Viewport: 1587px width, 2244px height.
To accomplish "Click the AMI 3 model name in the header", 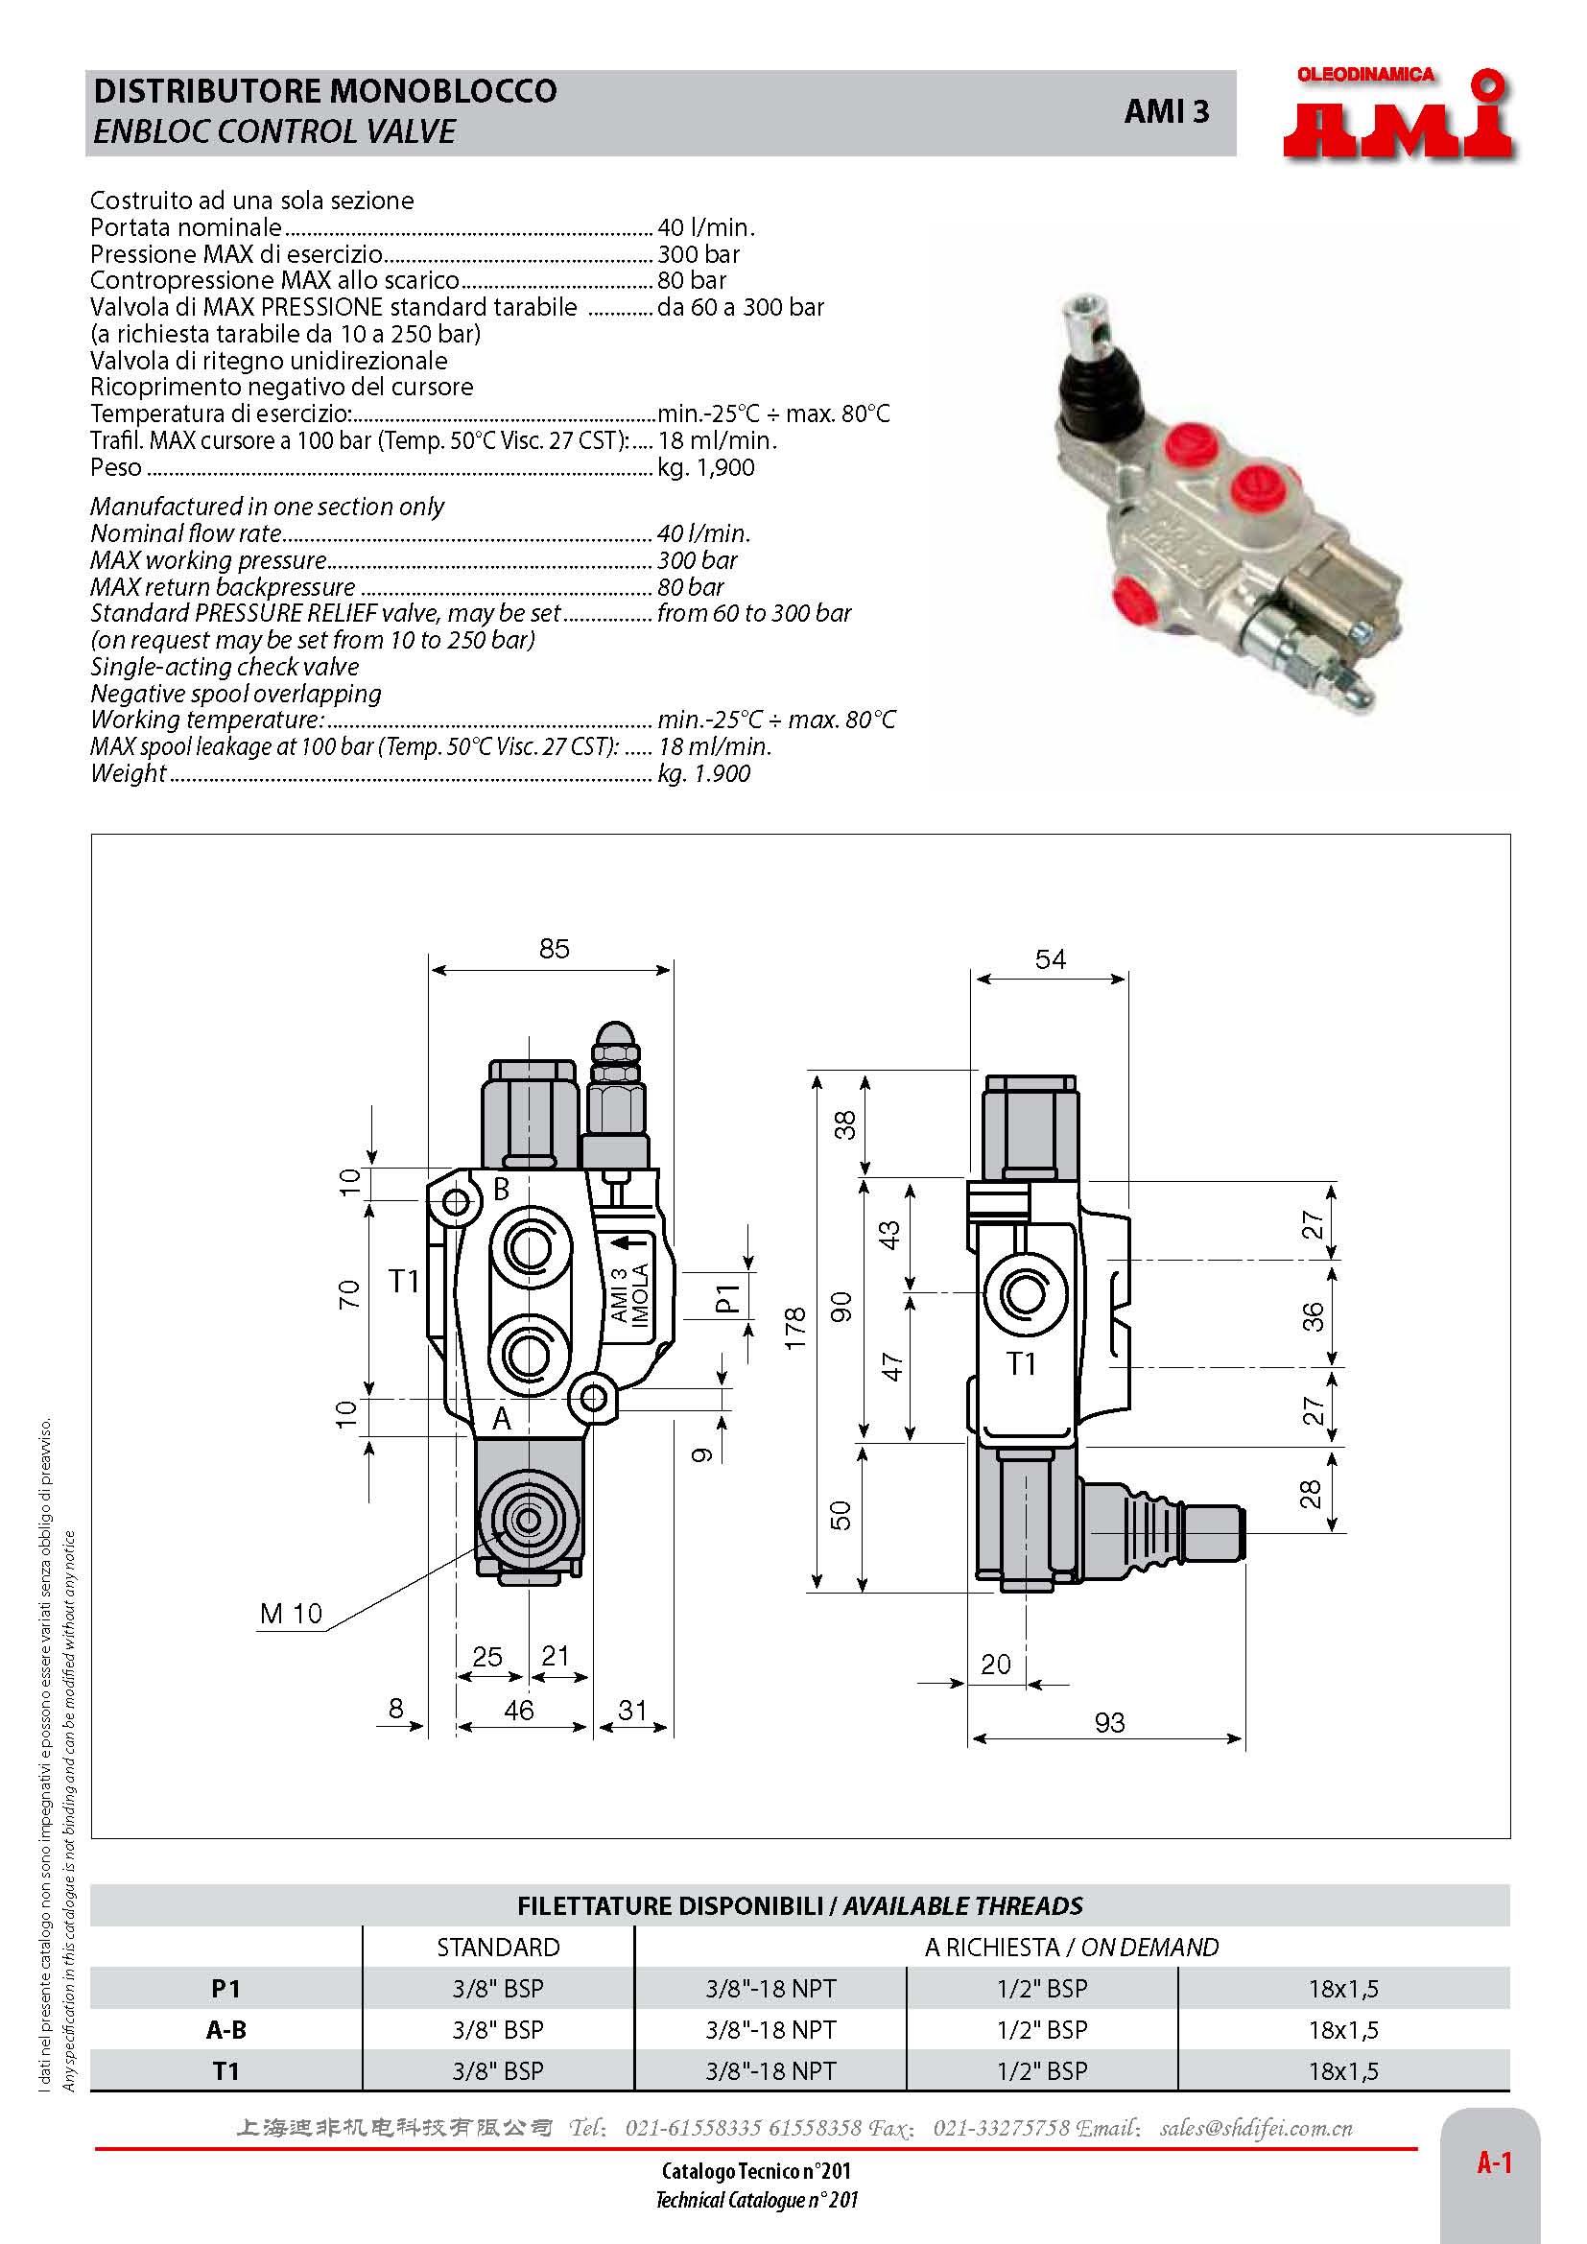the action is [x=1166, y=112].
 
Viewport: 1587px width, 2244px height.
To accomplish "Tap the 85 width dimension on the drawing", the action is [x=554, y=948].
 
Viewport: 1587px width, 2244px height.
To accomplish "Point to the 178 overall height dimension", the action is [x=794, y=1328].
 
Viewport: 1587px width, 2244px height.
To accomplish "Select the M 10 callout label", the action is [x=290, y=1614].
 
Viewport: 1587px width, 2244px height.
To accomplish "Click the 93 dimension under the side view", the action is [x=1109, y=1722].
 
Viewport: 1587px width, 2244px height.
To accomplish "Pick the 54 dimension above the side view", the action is [x=1051, y=958].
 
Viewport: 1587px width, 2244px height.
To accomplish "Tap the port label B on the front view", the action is [x=501, y=1190].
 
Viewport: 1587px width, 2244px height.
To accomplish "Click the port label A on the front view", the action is [x=501, y=1418].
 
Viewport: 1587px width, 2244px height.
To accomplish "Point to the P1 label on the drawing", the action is [x=728, y=1298].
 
